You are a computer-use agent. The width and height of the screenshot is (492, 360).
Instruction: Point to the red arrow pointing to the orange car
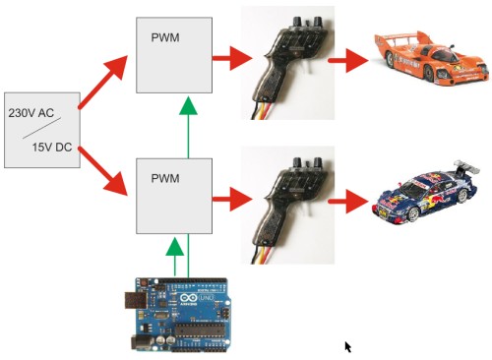coord(347,62)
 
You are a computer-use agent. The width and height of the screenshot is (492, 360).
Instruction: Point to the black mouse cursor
coord(347,346)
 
